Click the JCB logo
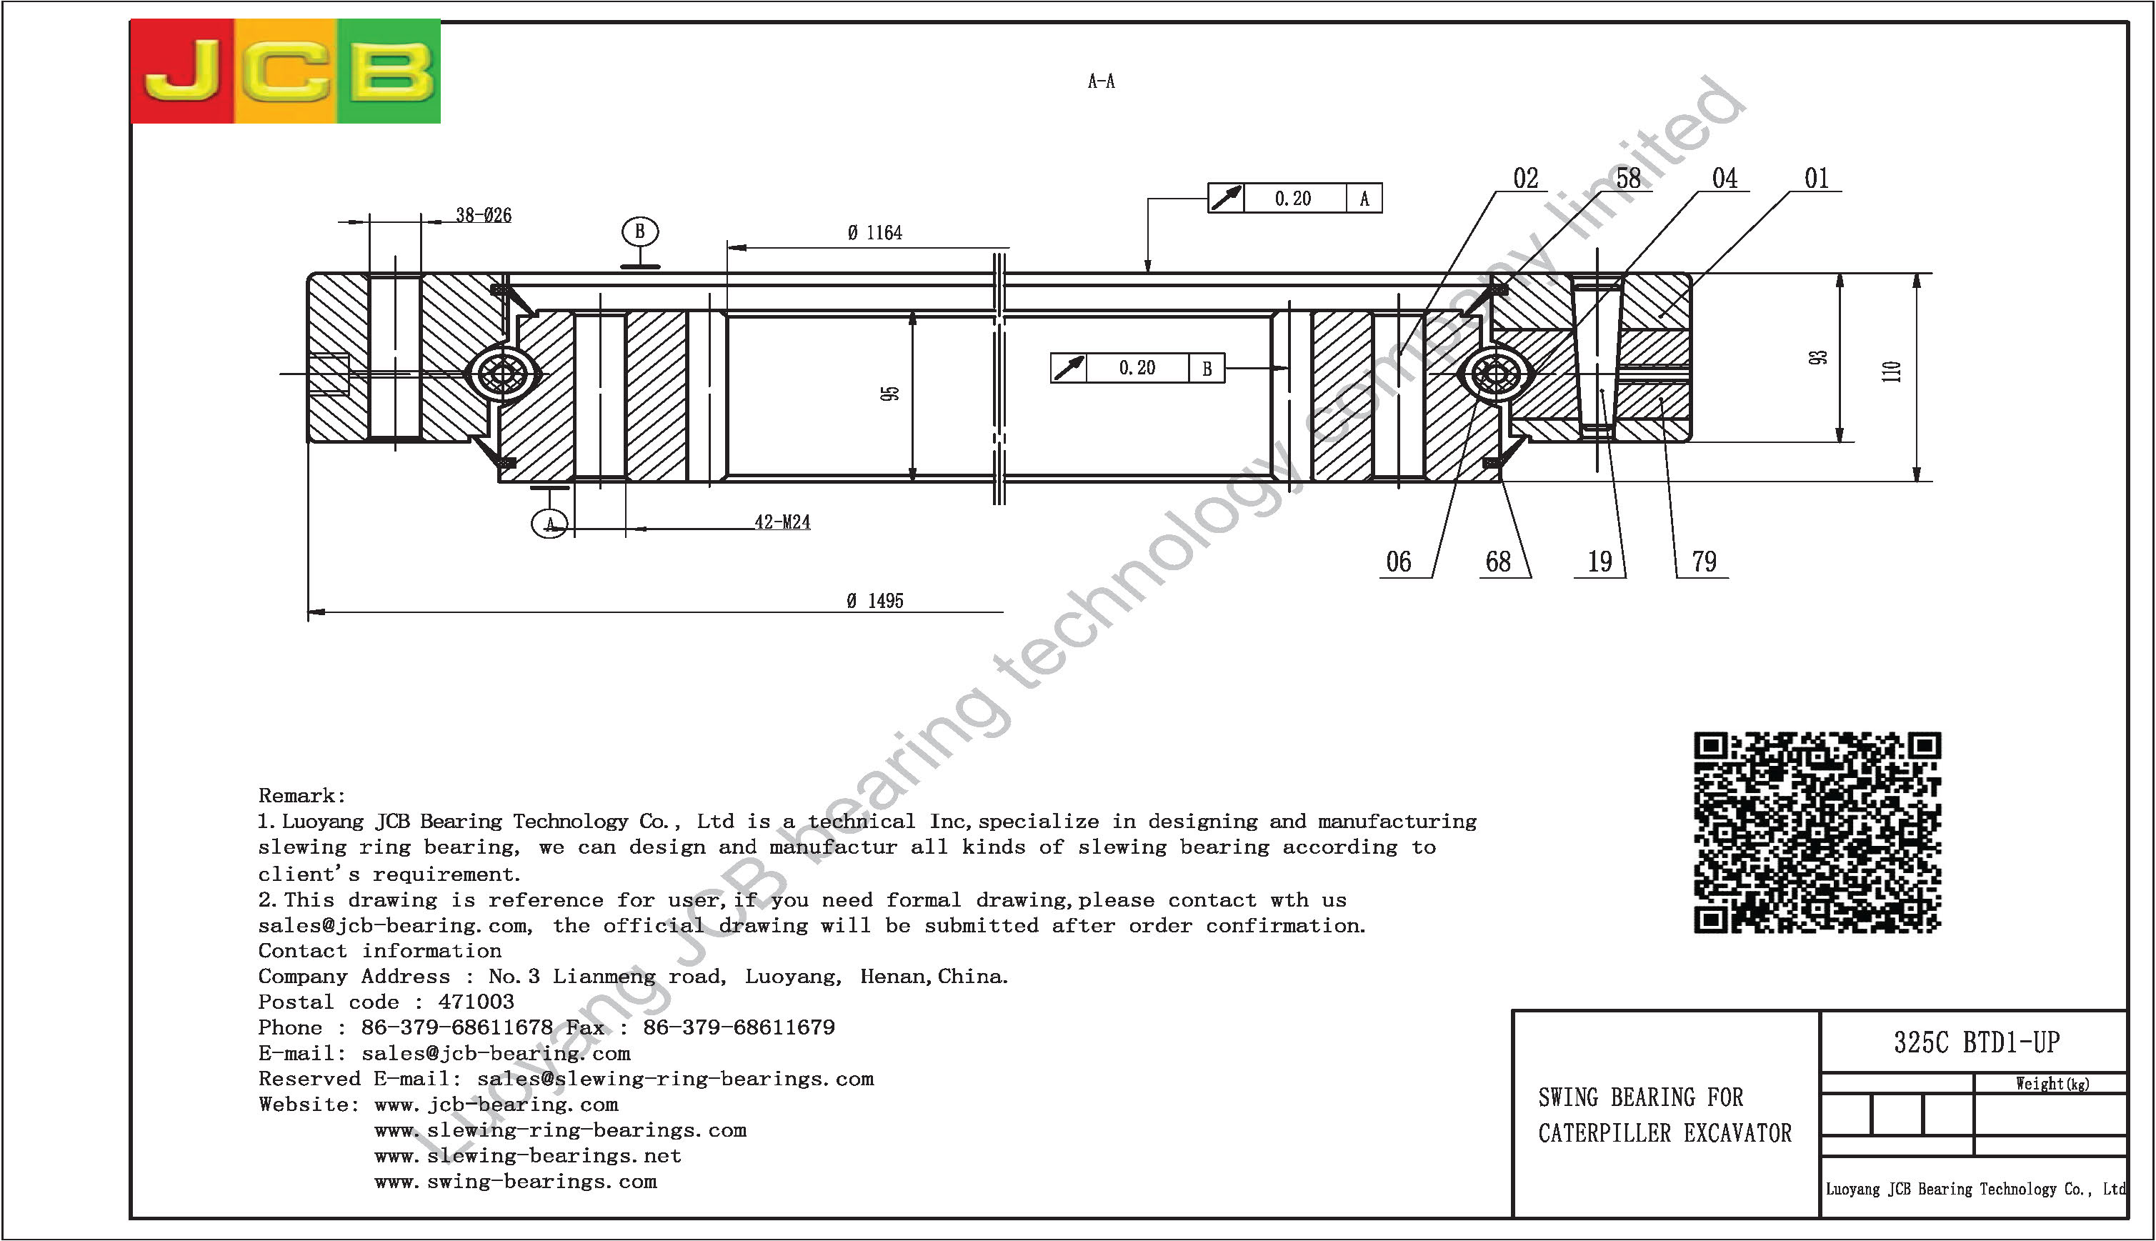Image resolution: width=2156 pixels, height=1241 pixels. pyautogui.click(x=286, y=71)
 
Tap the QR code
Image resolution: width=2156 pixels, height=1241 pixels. pyautogui.click(x=1817, y=832)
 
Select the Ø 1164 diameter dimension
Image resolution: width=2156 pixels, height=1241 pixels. pyautogui.click(x=874, y=233)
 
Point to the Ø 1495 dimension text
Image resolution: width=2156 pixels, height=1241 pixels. pyautogui.click(x=875, y=601)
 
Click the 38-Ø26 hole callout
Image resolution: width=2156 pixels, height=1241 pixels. pyautogui.click(x=483, y=215)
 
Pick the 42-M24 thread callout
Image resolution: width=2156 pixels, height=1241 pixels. pyautogui.click(x=782, y=522)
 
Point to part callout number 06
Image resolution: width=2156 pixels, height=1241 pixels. pyautogui.click(x=1399, y=562)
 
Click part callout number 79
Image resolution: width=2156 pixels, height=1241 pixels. pyautogui.click(x=1705, y=562)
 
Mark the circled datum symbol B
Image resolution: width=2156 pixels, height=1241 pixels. pyautogui.click(x=640, y=231)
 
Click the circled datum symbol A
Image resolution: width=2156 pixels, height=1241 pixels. pyautogui.click(x=549, y=523)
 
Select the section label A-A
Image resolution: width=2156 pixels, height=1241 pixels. pyautogui.click(x=1101, y=81)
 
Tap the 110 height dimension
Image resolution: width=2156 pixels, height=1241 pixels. pyautogui.click(x=1892, y=372)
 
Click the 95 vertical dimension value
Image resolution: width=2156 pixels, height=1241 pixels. pyautogui.click(x=889, y=394)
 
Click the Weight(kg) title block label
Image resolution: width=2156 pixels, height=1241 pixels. pyautogui.click(x=2052, y=1083)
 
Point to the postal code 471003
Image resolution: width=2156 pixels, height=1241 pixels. pyautogui.click(x=476, y=1002)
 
